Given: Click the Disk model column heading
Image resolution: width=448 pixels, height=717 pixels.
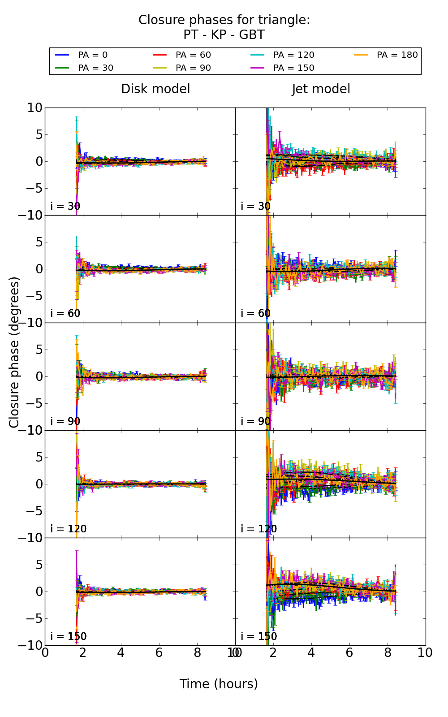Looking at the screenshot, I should coord(155,89).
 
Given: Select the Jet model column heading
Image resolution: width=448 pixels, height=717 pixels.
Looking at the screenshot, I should coord(321,89).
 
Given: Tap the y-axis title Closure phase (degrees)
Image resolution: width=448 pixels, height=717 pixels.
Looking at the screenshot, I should coord(14,352).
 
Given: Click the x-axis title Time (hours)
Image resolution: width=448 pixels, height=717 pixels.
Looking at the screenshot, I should coord(219,684).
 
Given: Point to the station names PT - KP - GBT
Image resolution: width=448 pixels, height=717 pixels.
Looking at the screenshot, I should coord(224,35).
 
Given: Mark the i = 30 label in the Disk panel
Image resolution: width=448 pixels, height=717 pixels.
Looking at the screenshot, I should coord(65,206).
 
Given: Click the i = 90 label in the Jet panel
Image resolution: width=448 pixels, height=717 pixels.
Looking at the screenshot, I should coord(256,421).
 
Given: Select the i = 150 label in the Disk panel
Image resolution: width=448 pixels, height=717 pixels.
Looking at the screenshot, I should coord(69,636).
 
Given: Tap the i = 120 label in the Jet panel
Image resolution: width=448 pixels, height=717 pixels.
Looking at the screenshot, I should coord(259,529).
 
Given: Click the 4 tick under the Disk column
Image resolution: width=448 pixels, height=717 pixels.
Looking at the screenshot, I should coord(121,653).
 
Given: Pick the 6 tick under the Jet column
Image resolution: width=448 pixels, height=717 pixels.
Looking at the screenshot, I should coord(349,653).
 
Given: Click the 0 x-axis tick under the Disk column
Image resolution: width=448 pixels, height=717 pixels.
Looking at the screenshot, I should coord(45,653).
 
